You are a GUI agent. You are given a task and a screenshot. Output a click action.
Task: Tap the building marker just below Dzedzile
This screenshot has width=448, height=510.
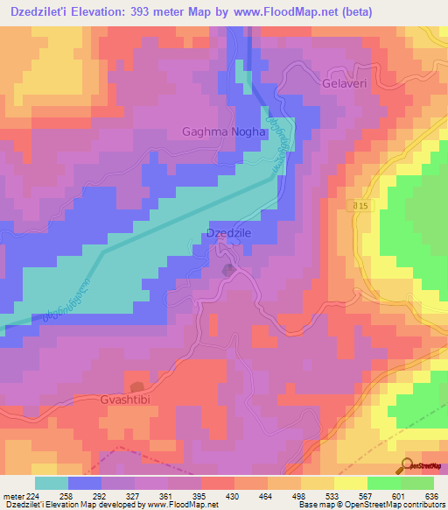click(x=229, y=270)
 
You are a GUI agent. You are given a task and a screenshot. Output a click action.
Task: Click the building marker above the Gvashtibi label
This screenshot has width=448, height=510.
click(x=136, y=386)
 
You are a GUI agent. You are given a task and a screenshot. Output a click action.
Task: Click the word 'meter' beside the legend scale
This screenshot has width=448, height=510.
click(x=13, y=495)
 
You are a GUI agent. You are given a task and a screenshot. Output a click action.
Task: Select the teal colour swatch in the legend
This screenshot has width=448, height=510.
click(x=52, y=483)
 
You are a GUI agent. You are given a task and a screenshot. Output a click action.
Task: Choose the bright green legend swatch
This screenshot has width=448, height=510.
click(x=384, y=483)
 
